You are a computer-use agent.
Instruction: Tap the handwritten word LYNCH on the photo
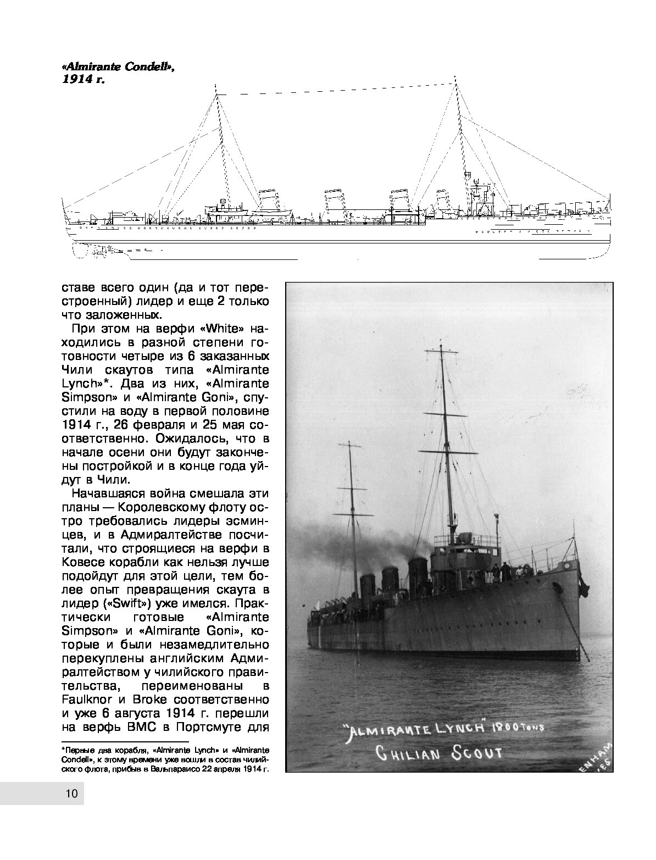click(x=455, y=727)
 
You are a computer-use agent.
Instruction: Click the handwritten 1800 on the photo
click(x=506, y=727)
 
